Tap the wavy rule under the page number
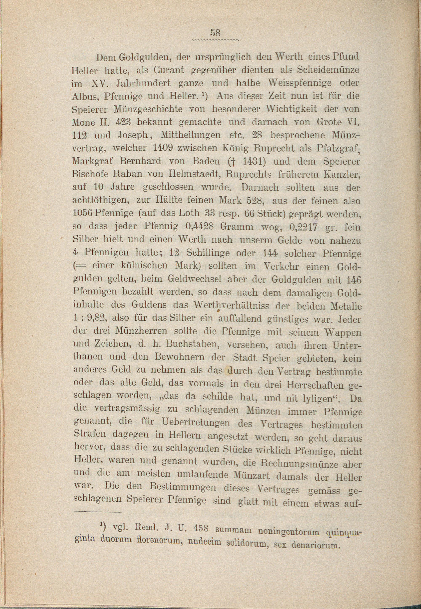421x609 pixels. [x=215, y=40]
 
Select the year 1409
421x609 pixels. [x=163, y=148]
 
